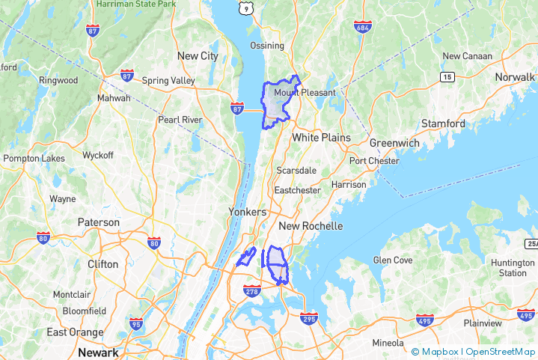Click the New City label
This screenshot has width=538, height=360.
tap(198, 56)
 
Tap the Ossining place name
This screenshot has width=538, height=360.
tap(267, 46)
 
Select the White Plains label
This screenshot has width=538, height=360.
tap(321, 138)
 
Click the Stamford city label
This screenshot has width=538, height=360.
tap(443, 123)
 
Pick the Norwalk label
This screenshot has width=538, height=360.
tap(514, 77)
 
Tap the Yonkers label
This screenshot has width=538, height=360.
tap(247, 213)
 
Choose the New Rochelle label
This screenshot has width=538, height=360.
tap(311, 226)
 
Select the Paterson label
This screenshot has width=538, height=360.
tap(98, 222)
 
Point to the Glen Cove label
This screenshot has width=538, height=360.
tap(393, 260)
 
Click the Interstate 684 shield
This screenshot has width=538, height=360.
tap(363, 28)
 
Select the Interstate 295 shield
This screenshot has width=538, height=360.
tap(308, 319)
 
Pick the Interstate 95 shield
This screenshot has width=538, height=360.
tap(136, 324)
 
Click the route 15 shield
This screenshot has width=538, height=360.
tap(447, 77)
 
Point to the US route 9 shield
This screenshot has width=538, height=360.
tap(246, 7)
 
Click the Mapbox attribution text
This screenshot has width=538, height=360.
tap(439, 351)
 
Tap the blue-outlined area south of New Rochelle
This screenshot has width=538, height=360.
tap(278, 263)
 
